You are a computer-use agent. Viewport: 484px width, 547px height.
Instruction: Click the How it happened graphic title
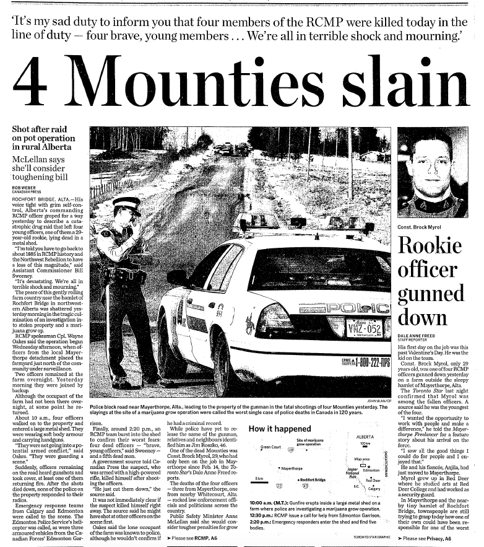pyautogui.click(x=279, y=429)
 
